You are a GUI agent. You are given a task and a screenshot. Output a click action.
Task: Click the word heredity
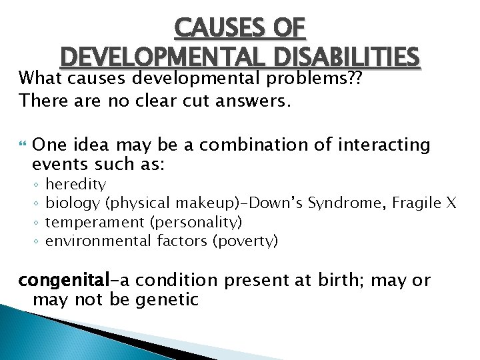75,183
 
